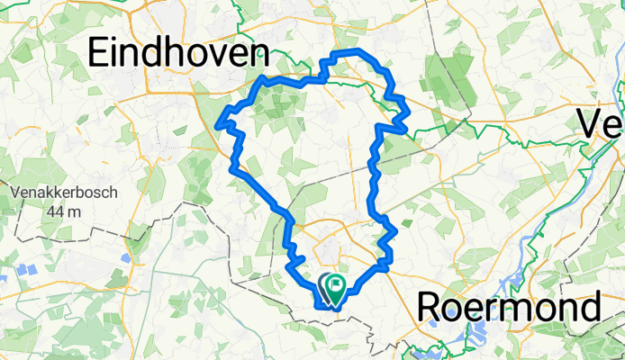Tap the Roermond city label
[510, 308]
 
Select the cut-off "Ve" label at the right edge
[601, 123]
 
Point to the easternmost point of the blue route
[408, 113]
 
